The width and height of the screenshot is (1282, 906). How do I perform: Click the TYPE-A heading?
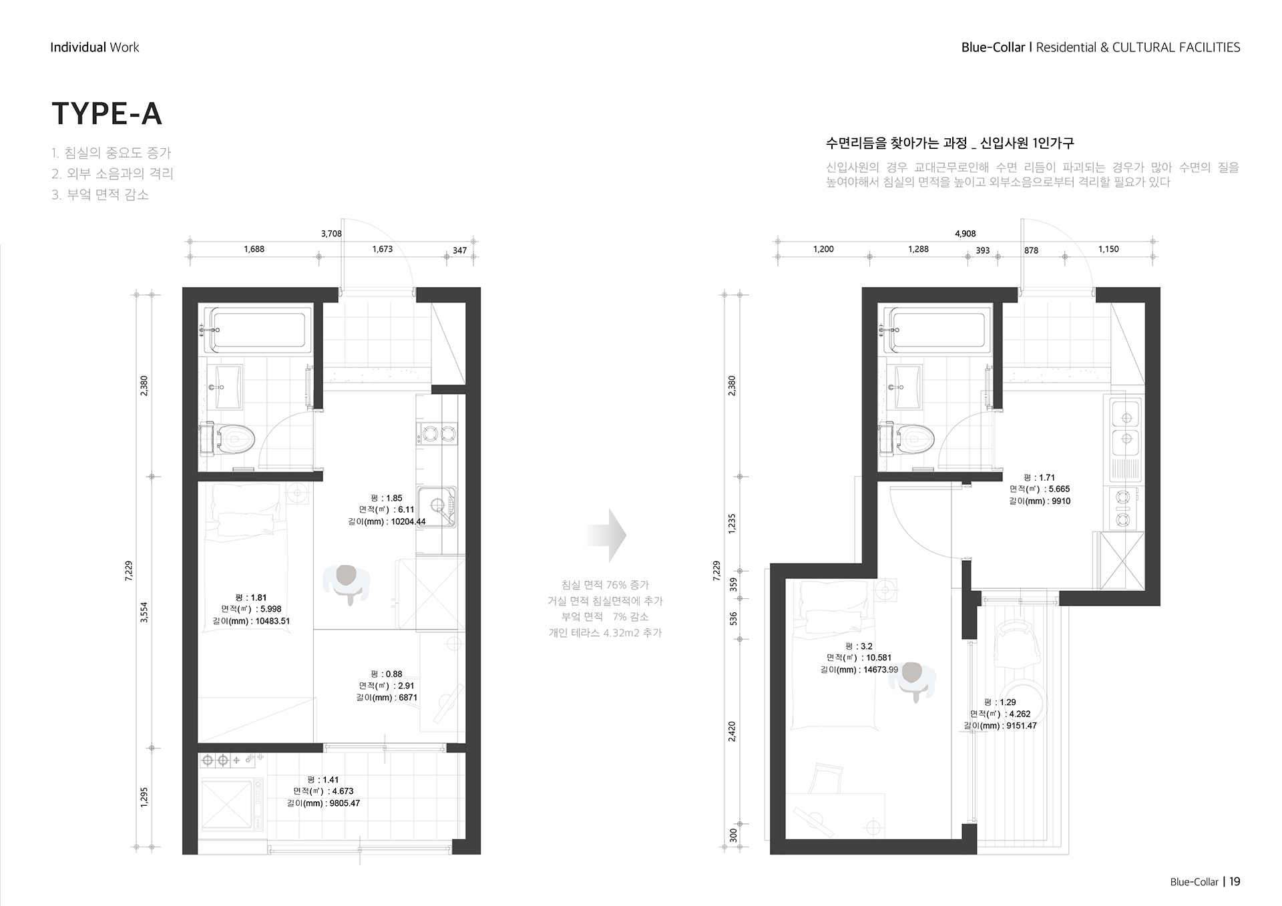[x=107, y=114]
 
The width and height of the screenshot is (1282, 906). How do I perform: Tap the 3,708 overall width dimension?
[x=331, y=234]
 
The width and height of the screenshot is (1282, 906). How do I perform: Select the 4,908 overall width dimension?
[x=965, y=234]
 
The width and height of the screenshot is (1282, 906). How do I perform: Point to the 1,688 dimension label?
[x=254, y=249]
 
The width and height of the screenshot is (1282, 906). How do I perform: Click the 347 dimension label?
[x=460, y=250]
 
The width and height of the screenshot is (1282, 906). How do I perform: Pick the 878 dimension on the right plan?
[x=1031, y=250]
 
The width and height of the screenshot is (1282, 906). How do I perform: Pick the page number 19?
[x=1235, y=881]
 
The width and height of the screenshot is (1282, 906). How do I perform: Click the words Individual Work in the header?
[x=95, y=47]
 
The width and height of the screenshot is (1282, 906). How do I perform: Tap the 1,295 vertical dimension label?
[x=144, y=797]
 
